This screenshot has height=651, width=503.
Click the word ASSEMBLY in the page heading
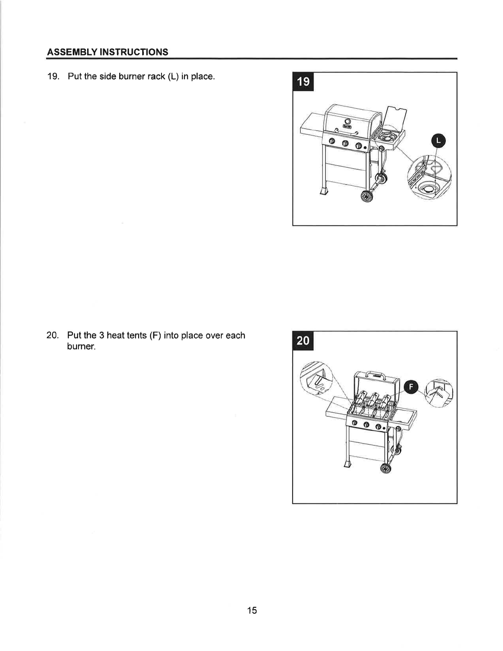[x=72, y=52]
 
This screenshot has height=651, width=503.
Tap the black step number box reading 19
[x=303, y=81]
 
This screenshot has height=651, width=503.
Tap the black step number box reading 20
[x=303, y=341]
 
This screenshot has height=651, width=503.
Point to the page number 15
[x=252, y=610]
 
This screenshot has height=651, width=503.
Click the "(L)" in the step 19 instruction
[x=173, y=76]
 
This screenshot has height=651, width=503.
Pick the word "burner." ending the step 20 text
[x=81, y=346]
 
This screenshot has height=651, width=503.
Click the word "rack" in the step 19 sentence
[x=157, y=77]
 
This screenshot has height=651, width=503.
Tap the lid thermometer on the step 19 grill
[x=348, y=122]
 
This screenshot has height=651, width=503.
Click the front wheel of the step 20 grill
[x=386, y=468]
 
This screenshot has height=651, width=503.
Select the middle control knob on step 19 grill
[x=345, y=143]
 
